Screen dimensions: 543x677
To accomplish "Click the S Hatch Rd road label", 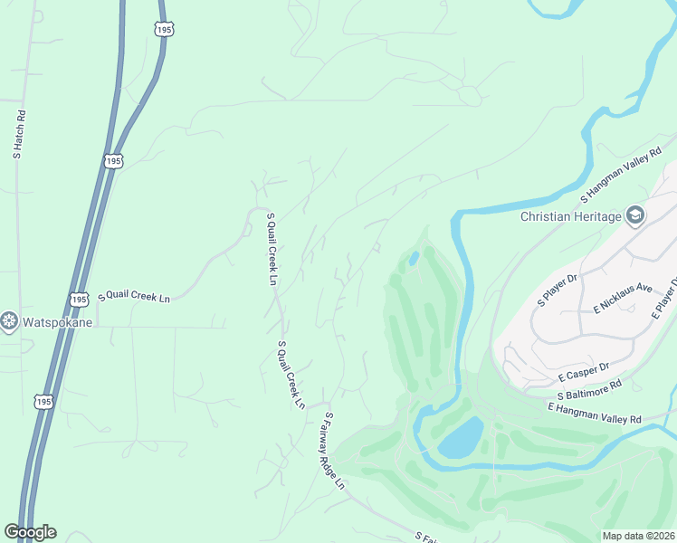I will tap(17, 136).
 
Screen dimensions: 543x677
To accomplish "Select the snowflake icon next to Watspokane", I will tap(10, 322).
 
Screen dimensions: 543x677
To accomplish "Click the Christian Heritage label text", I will tap(570, 216).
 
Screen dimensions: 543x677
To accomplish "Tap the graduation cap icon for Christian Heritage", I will tap(634, 215).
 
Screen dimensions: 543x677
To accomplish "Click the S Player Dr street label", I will tap(558, 290).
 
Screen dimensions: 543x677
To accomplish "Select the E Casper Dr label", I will tap(584, 371).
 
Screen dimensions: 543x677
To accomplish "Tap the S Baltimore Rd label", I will tap(589, 390).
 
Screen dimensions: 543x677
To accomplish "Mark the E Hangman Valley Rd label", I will tap(594, 414).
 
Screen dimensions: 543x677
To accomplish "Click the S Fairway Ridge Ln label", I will tap(335, 450).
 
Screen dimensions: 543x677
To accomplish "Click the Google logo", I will tap(30, 532).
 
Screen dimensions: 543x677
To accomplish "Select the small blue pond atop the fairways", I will tap(414, 258).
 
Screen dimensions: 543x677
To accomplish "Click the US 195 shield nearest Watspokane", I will tap(79, 299).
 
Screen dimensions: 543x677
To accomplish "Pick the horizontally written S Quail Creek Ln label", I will tap(134, 297).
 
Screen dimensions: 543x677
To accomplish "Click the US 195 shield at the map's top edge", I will tap(164, 29).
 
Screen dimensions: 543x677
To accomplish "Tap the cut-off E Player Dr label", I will tap(665, 300).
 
